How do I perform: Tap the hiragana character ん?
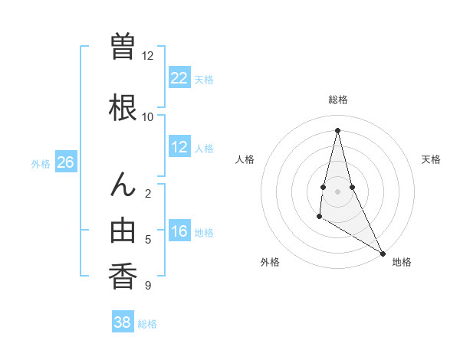pos(123,185)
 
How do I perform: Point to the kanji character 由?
pos(123,231)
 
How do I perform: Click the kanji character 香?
pos(123,276)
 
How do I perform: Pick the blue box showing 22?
pos(179,78)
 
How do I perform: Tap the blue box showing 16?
pos(179,232)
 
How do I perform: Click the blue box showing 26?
pos(65,162)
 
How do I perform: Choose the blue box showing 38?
pos(123,322)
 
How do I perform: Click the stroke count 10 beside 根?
pos(148,116)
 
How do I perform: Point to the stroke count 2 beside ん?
pos(148,193)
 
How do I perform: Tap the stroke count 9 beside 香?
pos(148,286)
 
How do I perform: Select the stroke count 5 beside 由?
pos(148,240)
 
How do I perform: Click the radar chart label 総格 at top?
pos(338,100)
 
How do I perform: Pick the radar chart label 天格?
pos(431,159)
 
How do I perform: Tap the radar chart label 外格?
pos(270,262)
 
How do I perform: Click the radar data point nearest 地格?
pos(383,254)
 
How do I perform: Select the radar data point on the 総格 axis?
pos(337,129)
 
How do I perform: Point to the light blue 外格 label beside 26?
pos(41,163)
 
